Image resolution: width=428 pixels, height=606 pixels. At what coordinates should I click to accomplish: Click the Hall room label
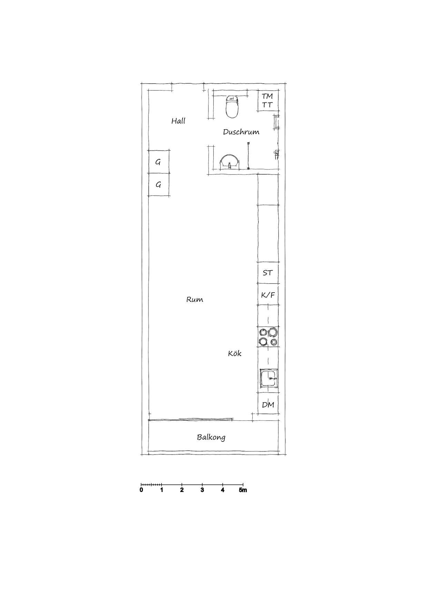[x=178, y=121]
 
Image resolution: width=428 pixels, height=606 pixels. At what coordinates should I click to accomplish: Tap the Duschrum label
[x=241, y=132]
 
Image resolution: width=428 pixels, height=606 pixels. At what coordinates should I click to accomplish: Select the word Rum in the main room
[x=195, y=299]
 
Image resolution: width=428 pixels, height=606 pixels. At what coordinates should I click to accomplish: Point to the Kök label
[x=235, y=353]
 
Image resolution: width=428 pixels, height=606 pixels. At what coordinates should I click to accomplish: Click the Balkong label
[x=211, y=437]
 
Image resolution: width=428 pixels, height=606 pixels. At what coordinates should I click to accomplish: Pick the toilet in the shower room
[x=232, y=106]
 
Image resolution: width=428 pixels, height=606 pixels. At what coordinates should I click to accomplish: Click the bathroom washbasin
[x=229, y=162]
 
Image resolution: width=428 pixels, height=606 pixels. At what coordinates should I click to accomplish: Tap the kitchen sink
[x=269, y=379]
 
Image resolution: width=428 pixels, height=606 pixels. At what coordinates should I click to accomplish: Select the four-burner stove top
[x=269, y=337]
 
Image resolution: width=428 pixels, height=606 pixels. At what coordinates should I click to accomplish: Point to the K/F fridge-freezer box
[x=268, y=294]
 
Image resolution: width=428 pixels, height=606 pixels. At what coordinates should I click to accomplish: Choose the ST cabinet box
[x=268, y=273]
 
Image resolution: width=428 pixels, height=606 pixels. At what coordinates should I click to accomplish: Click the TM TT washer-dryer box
[x=268, y=100]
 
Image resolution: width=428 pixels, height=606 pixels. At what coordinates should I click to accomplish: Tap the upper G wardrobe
[x=159, y=162]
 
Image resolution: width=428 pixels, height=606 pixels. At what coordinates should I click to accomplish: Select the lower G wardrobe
[x=159, y=185]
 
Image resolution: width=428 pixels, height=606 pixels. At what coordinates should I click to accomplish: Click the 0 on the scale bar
[x=142, y=490]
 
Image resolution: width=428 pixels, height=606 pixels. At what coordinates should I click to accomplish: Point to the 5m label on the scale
[x=243, y=490]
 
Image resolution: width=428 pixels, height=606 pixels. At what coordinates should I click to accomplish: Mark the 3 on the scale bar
[x=202, y=490]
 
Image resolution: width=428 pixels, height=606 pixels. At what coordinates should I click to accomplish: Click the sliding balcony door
[x=191, y=420]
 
